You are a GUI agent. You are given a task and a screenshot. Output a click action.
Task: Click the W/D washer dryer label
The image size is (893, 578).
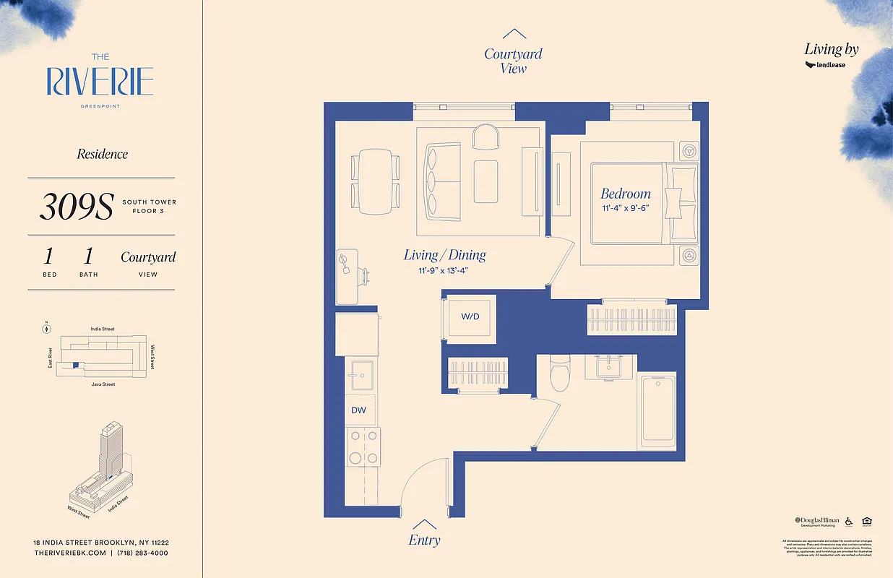tap(470, 316)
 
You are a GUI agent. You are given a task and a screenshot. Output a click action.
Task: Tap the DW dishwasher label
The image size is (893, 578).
tap(358, 410)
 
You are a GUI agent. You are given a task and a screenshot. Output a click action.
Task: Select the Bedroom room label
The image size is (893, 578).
tap(626, 194)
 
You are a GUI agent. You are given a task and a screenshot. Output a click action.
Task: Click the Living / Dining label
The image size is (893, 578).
tap(444, 255)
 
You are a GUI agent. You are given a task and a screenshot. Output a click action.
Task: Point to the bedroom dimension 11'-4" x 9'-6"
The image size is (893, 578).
tap(626, 208)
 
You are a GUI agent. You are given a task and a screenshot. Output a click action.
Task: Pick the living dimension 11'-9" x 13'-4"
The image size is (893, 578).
tap(444, 271)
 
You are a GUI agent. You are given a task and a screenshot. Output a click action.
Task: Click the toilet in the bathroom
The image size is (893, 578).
tap(560, 371)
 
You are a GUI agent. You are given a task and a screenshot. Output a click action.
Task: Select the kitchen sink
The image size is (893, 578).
tap(360, 371)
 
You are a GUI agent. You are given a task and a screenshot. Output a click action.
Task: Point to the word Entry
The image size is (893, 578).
tap(424, 540)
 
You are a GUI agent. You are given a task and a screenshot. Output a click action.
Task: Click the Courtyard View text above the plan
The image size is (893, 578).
tap(513, 61)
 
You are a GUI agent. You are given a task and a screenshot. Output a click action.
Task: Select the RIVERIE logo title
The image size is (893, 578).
tap(100, 81)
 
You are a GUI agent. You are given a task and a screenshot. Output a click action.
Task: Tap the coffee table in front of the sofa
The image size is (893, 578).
tap(486, 181)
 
